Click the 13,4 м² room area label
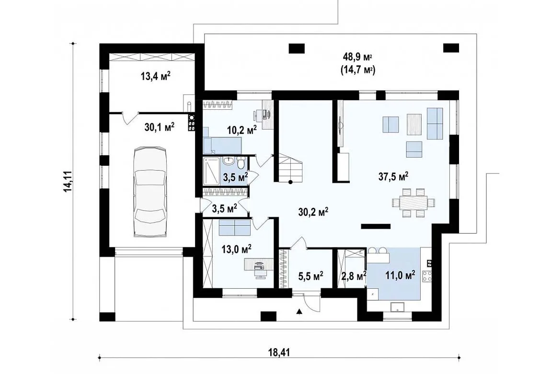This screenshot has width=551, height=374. click(x=156, y=76)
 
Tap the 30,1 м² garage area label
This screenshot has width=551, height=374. click(x=159, y=127)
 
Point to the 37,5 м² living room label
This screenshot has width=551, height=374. click(x=393, y=176)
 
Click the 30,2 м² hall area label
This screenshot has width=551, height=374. click(x=313, y=212)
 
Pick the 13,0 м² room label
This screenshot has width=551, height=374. click(x=236, y=249)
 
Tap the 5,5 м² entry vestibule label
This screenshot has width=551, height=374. click(x=310, y=276)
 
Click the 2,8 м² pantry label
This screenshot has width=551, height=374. click(x=354, y=276)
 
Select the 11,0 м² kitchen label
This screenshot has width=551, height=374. click(x=400, y=275)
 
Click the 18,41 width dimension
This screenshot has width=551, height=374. click(x=280, y=352)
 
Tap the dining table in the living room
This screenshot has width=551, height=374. click(x=413, y=203)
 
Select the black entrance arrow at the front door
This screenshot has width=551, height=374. click(x=299, y=311)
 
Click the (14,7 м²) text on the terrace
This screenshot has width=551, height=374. click(x=358, y=70)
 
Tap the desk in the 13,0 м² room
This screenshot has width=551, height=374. click(x=259, y=267)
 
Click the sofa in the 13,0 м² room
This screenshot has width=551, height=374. click(x=234, y=228)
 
